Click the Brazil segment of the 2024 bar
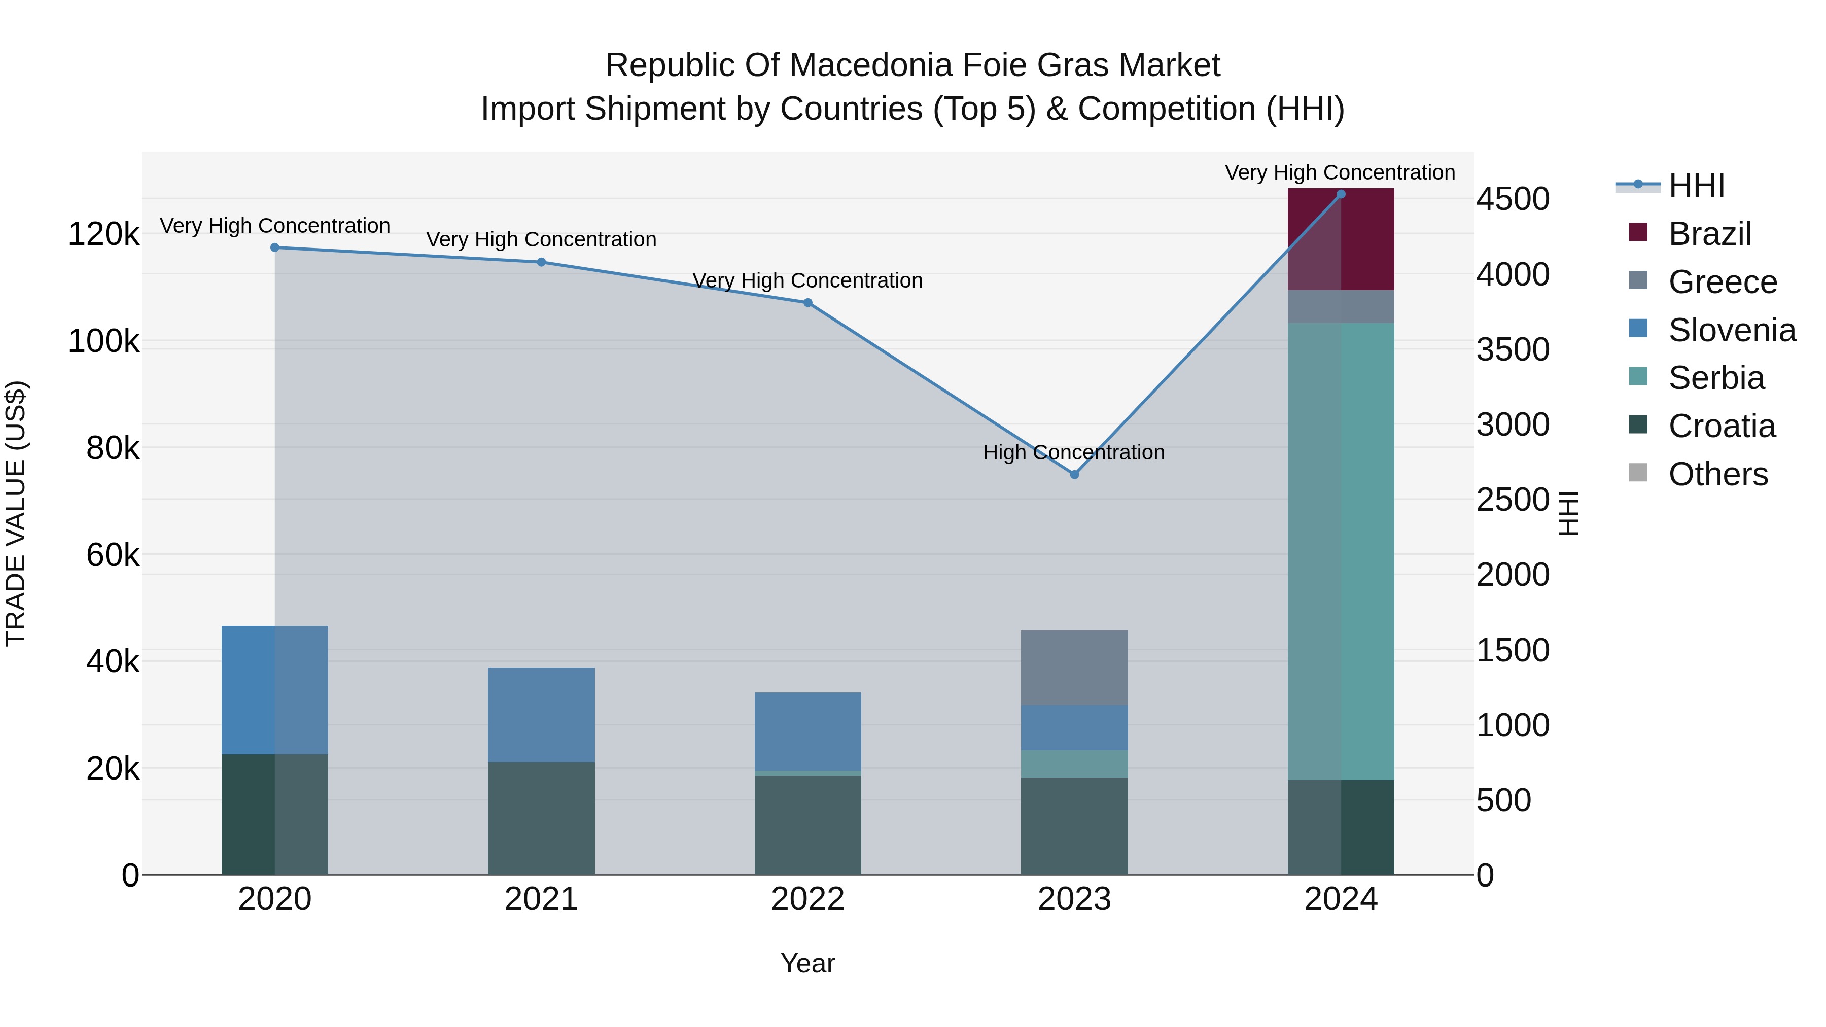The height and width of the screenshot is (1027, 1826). [1341, 239]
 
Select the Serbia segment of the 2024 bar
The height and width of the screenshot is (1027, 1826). [1341, 551]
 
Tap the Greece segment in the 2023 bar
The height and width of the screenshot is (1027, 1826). [1074, 667]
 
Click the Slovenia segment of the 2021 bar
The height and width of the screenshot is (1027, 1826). [541, 715]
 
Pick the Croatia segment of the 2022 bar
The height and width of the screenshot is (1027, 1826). [807, 825]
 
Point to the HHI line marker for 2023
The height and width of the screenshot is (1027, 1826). [1074, 474]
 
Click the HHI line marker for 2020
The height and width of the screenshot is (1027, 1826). [275, 247]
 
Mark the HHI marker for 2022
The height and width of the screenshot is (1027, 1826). [807, 303]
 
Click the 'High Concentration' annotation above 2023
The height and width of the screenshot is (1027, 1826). [1073, 452]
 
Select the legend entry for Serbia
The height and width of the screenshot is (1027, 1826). [1715, 378]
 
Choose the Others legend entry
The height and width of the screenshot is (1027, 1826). [1717, 474]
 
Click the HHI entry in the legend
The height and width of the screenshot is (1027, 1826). [1696, 186]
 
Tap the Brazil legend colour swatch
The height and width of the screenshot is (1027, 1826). [1638, 232]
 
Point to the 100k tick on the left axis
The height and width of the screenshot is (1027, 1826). [103, 341]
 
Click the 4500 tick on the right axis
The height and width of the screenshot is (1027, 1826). [1513, 199]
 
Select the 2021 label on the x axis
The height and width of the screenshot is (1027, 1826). [541, 899]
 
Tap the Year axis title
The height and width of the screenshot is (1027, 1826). [807, 963]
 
